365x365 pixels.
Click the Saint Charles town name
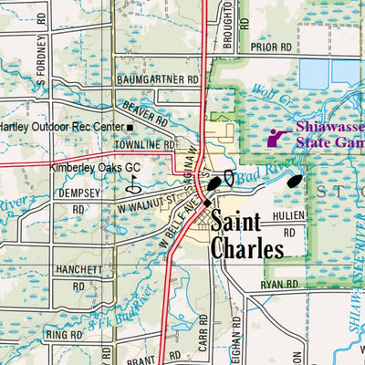(248, 235)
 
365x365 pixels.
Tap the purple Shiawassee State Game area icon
(277, 138)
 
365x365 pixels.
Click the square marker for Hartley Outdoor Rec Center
(130, 127)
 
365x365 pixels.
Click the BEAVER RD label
(146, 113)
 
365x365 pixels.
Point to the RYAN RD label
(280, 286)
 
